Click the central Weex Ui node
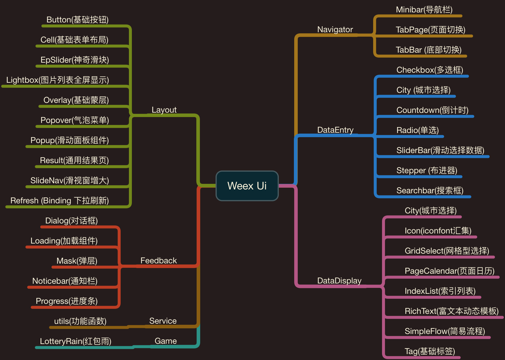247,186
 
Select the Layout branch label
164,110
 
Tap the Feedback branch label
158,261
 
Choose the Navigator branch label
335,30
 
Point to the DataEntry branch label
335,130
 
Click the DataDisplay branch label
339,281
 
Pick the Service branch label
163,321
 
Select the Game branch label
166,341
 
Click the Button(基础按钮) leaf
77,20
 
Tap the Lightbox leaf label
58,80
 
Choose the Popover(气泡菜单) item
75,120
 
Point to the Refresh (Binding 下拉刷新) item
60,201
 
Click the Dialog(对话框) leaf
71,221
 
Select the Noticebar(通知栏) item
65,281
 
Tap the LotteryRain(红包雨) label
76,341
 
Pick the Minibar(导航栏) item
424,10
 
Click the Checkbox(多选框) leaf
430,70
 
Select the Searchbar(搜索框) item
430,191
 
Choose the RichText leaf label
451,311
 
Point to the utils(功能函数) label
80,321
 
